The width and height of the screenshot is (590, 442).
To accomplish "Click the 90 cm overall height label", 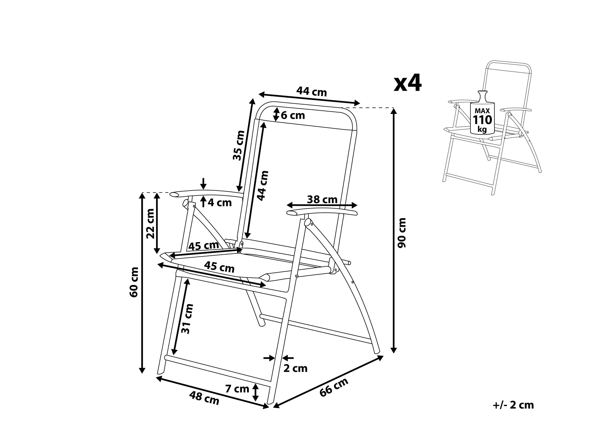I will (402, 233).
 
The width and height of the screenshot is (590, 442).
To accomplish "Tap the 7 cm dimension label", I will (237, 389).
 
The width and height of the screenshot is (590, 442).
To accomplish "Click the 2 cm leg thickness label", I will (295, 369).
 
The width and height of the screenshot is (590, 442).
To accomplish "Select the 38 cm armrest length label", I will (322, 199).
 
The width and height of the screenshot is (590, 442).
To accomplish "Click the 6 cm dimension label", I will (293, 115).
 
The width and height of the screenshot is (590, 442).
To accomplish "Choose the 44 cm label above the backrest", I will (312, 92).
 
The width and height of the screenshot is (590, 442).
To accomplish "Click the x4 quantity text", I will (408, 83).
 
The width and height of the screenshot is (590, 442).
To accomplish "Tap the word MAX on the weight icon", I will (482, 111).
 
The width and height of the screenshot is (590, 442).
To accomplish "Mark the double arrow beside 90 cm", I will (394, 230).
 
